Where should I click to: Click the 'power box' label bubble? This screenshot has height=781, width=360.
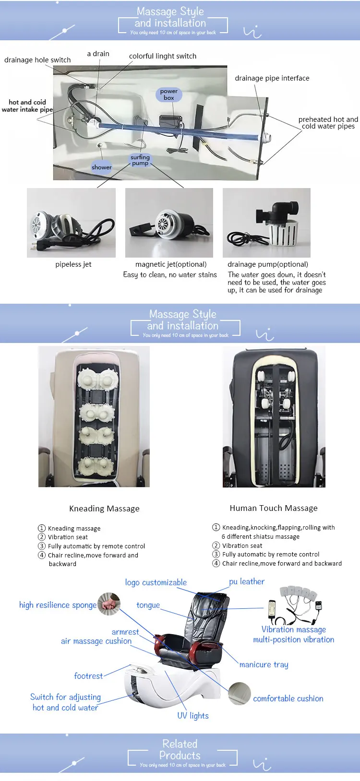click(x=169, y=95)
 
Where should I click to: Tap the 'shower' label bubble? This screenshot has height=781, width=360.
click(x=101, y=167)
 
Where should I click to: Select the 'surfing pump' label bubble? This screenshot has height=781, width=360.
click(x=140, y=160)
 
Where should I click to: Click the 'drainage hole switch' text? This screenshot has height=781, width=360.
click(x=37, y=60)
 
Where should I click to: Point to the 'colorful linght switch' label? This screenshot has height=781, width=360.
click(x=163, y=56)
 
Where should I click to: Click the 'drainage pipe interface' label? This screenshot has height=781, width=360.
click(x=272, y=78)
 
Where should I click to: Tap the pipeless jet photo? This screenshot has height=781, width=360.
click(x=71, y=223)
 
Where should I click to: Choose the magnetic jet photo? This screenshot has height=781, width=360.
click(x=169, y=223)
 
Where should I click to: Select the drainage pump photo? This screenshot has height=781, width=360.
click(x=266, y=223)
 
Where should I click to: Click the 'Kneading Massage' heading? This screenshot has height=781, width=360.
click(x=104, y=509)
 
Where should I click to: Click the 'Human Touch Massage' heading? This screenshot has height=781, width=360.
click(x=274, y=509)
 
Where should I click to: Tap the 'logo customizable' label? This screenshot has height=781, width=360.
click(x=156, y=582)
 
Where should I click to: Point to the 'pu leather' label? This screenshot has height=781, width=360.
click(x=247, y=581)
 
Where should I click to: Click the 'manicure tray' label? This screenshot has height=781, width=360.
click(x=264, y=665)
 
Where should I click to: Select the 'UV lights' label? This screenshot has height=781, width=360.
click(x=193, y=716)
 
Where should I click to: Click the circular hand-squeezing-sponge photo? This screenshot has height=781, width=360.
click(x=109, y=604)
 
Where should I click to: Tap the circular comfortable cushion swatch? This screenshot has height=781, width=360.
click(x=240, y=694)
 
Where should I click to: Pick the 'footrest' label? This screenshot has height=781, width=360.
click(x=89, y=676)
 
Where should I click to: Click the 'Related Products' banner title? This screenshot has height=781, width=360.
click(x=180, y=750)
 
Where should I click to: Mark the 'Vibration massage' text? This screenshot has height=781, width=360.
click(x=294, y=629)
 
